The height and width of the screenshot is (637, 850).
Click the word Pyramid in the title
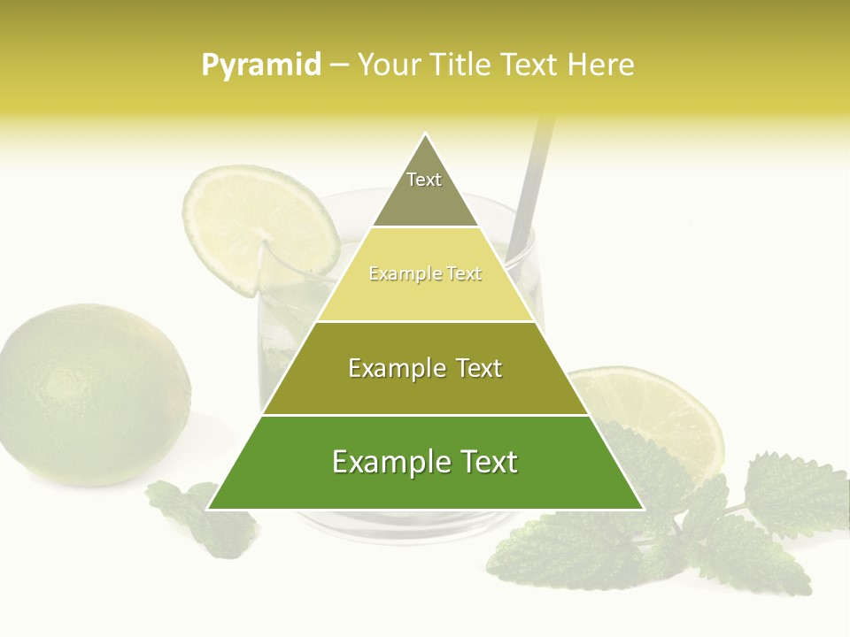260,65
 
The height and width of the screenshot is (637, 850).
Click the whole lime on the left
93,394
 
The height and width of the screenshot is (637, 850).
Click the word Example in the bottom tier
384,463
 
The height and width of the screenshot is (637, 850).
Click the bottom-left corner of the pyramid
208,509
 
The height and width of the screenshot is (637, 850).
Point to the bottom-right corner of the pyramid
643,509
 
